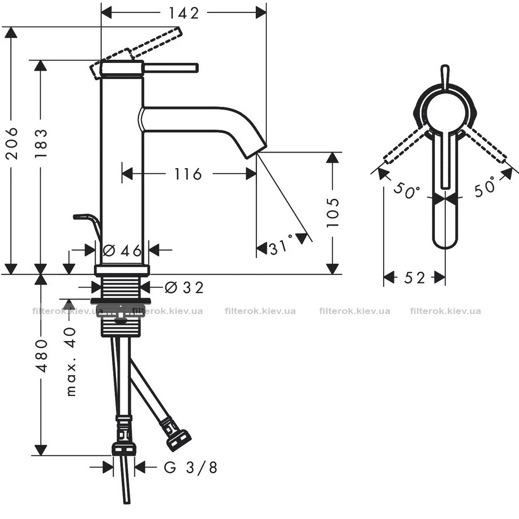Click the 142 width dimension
[x=184, y=13]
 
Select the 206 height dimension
[x=12, y=143]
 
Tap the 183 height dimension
[x=42, y=143]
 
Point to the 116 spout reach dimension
[x=188, y=173]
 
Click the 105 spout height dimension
[x=333, y=212]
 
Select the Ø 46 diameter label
[x=122, y=251]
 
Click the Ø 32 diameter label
[x=184, y=288]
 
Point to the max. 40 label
[x=71, y=361]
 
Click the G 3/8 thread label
[x=190, y=468]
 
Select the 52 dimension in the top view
[x=414, y=277]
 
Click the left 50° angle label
[x=406, y=192]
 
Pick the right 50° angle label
[x=485, y=186]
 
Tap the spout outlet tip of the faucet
[x=256, y=151]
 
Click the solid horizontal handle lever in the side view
[x=171, y=67]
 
